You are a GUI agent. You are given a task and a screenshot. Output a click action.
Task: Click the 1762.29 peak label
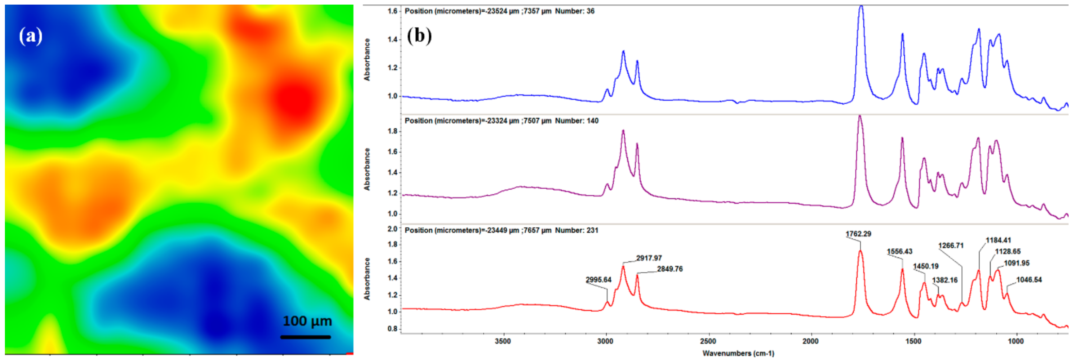coord(858,234)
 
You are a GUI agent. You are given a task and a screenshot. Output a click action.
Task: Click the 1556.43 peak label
coord(899,252)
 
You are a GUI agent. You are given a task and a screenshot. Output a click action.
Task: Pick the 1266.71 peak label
coord(951,246)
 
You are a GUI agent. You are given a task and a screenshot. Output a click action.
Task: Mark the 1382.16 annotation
coord(944,281)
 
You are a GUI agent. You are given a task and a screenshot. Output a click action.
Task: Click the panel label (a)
coord(30,36)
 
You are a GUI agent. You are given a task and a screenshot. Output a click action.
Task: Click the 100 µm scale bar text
coord(307,321)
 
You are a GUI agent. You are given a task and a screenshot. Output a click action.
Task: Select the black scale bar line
coord(305,337)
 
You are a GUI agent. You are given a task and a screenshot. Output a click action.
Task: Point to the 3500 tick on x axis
coord(503,342)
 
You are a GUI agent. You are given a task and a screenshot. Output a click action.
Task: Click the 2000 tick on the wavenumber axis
coord(810,342)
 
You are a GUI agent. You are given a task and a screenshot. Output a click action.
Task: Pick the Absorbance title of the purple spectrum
coord(367,169)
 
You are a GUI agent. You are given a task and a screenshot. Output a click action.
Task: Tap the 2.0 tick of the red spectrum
coord(392,229)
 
